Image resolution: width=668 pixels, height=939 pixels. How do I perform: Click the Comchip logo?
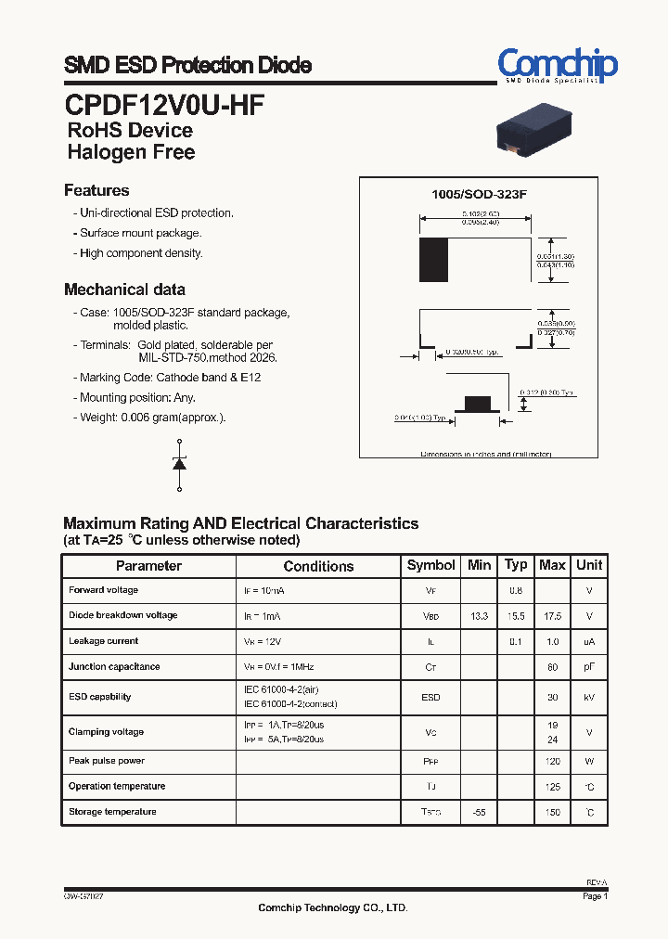(557, 66)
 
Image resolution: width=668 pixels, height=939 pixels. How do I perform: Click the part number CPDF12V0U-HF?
(164, 104)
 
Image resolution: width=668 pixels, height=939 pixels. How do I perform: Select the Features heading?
(96, 190)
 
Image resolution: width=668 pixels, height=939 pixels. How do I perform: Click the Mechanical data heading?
(124, 289)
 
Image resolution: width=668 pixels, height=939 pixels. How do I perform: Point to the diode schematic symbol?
(179, 464)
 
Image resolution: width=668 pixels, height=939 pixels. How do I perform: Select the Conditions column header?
(318, 566)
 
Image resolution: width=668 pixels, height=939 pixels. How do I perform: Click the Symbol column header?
(431, 565)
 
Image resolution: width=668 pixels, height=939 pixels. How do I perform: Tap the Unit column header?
(589, 565)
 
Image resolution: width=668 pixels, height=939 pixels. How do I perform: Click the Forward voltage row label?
(103, 590)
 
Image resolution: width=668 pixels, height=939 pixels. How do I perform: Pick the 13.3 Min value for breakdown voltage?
(479, 616)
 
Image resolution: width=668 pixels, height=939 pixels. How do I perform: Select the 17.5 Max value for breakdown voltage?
(552, 616)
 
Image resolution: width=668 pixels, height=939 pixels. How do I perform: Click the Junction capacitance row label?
(114, 666)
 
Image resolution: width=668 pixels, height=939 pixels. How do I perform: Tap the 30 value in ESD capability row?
(553, 698)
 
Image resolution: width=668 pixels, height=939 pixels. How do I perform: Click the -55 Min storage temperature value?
(479, 812)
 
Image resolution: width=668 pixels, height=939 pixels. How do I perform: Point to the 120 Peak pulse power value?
(553, 761)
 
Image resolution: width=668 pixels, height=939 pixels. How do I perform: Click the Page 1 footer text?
(595, 896)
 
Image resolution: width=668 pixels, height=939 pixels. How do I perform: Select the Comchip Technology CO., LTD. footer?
(332, 907)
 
